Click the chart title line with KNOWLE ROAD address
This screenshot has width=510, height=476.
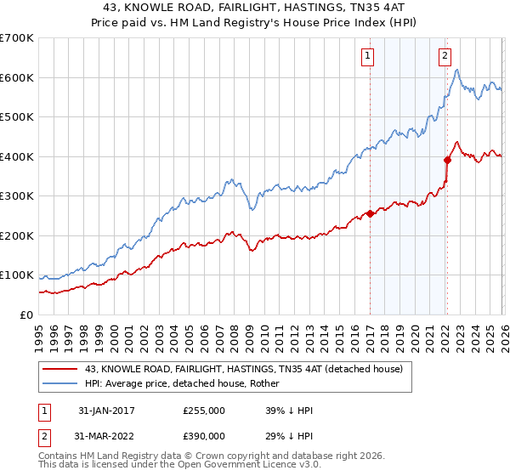pyautogui.click(x=255, y=8)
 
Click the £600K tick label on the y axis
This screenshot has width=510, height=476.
pyautogui.click(x=17, y=77)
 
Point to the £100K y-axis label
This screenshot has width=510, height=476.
pyautogui.click(x=17, y=275)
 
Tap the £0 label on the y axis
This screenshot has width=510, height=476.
pyautogui.click(x=26, y=314)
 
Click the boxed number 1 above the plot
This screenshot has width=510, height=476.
pyautogui.click(x=368, y=57)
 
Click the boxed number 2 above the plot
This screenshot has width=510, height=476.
pyautogui.click(x=445, y=57)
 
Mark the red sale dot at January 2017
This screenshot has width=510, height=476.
pyautogui.click(x=371, y=214)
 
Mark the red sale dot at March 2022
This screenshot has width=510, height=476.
pyautogui.click(x=448, y=160)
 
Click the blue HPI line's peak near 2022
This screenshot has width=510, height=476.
pyautogui.click(x=456, y=70)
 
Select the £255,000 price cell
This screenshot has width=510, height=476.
pyautogui.click(x=204, y=411)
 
